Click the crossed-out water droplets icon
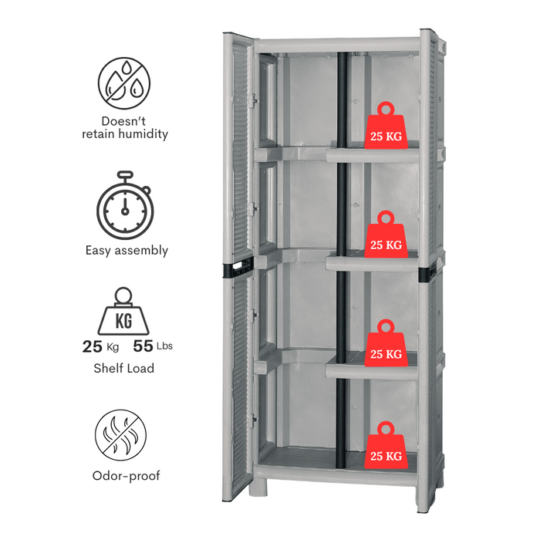[124, 82]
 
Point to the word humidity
[139, 133]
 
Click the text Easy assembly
[127, 250]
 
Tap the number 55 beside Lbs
[143, 346]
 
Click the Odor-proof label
[126, 476]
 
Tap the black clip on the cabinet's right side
[424, 274]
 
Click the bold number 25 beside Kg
[93, 346]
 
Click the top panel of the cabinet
[339, 45]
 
